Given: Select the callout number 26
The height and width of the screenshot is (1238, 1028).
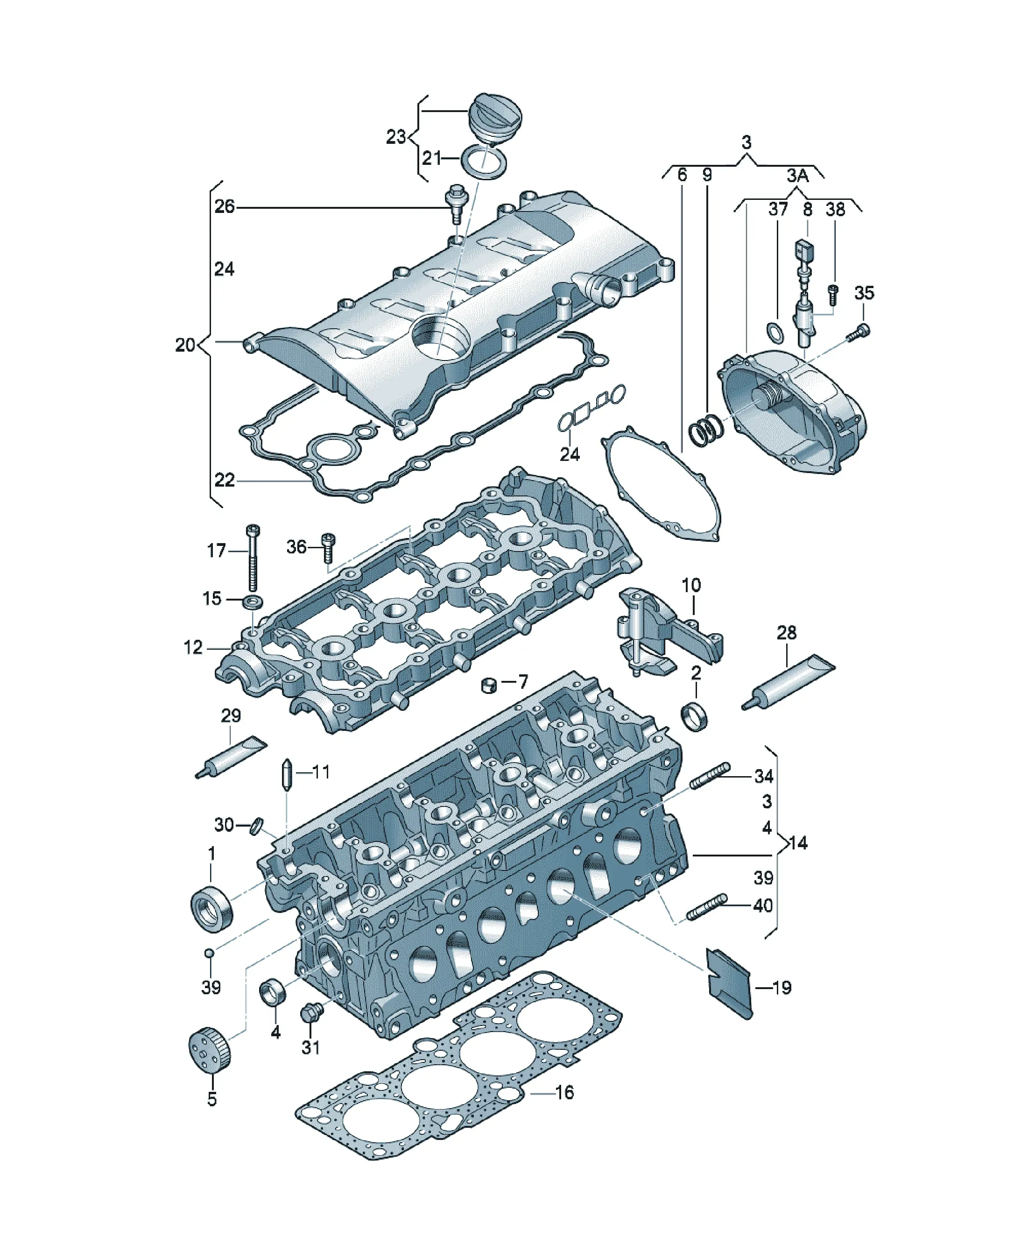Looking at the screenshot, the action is point(224,206).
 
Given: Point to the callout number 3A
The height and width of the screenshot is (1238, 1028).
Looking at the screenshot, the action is point(797,176).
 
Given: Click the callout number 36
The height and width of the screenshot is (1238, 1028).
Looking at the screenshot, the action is point(296,547).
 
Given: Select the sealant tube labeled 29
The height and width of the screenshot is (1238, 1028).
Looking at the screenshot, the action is point(231,757).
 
